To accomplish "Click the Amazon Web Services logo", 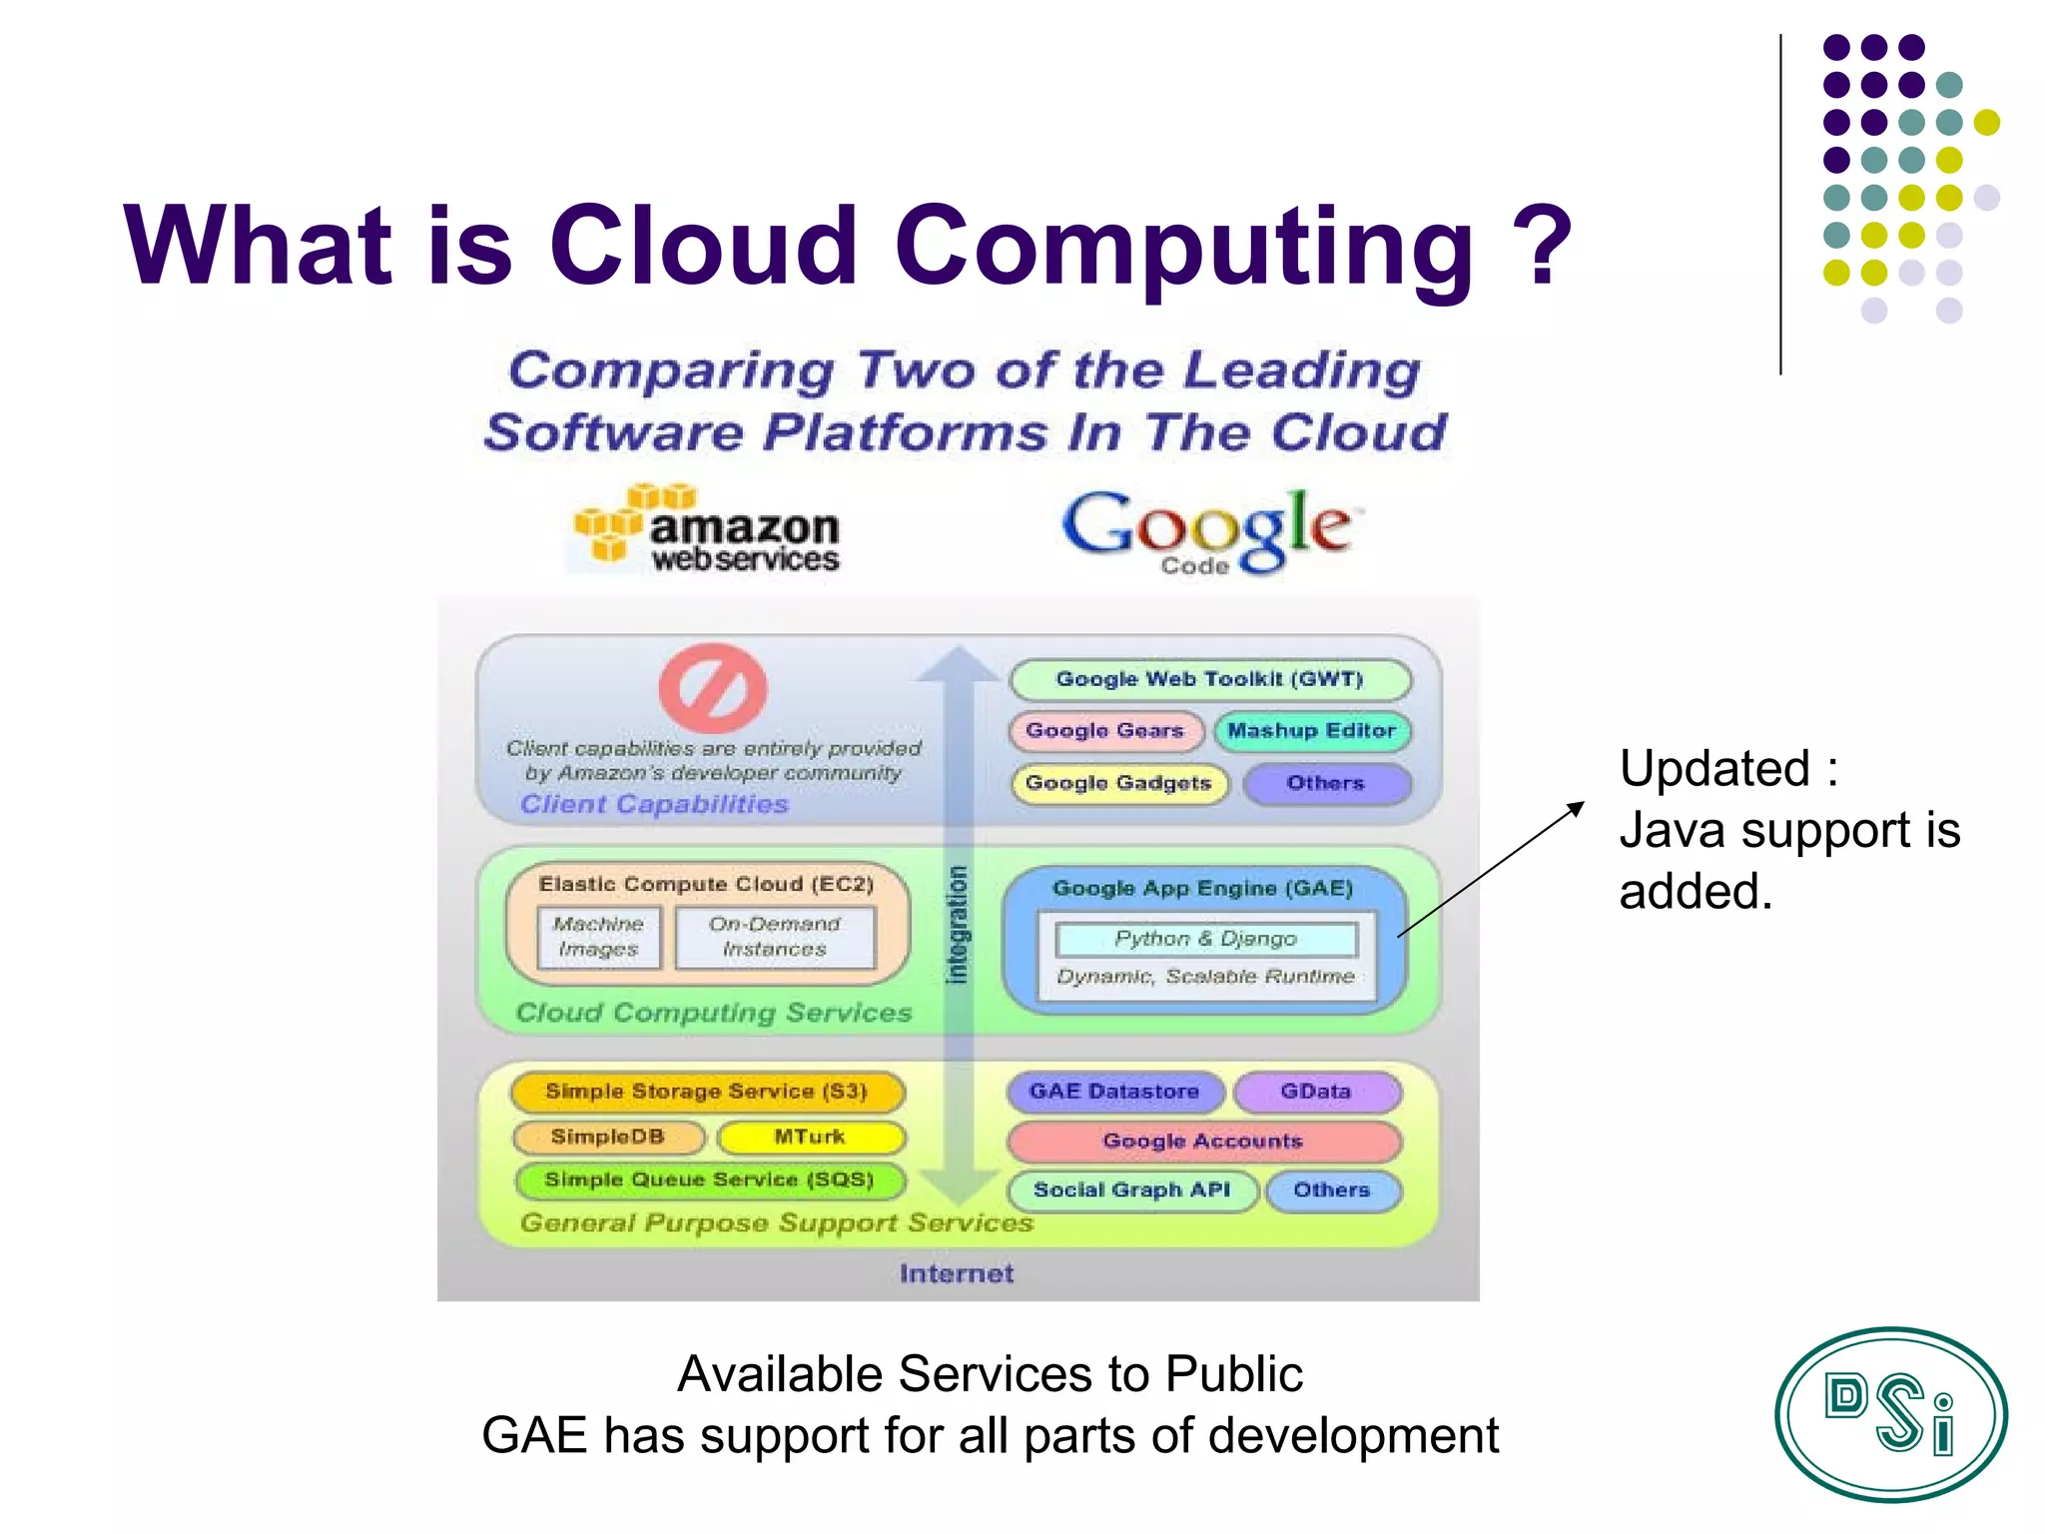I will coord(707,529).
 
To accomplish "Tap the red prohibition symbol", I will coord(713,688).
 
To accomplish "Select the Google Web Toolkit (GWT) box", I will coord(1210,680).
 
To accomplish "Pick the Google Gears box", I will coord(1105,731).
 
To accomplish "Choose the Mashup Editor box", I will coord(1312,731).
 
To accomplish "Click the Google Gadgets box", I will coord(1119,783).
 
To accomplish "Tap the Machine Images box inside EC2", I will coord(598,937).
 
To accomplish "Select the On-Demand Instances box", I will coord(775,937).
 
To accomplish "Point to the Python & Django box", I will coord(1206,939).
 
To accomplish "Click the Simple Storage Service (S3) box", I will coord(707,1092).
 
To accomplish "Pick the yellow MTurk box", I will coord(810,1137).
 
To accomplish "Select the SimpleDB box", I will coord(608,1137).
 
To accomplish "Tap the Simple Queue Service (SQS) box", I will coord(710,1180).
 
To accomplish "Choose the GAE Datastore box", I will coord(1114,1092).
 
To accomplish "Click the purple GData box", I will coord(1316,1092).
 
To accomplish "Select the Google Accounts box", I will coord(1203,1141).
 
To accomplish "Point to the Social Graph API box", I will coord(1132,1190).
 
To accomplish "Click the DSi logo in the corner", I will coord(1890,1413).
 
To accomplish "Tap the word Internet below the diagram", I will coord(957,1273).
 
